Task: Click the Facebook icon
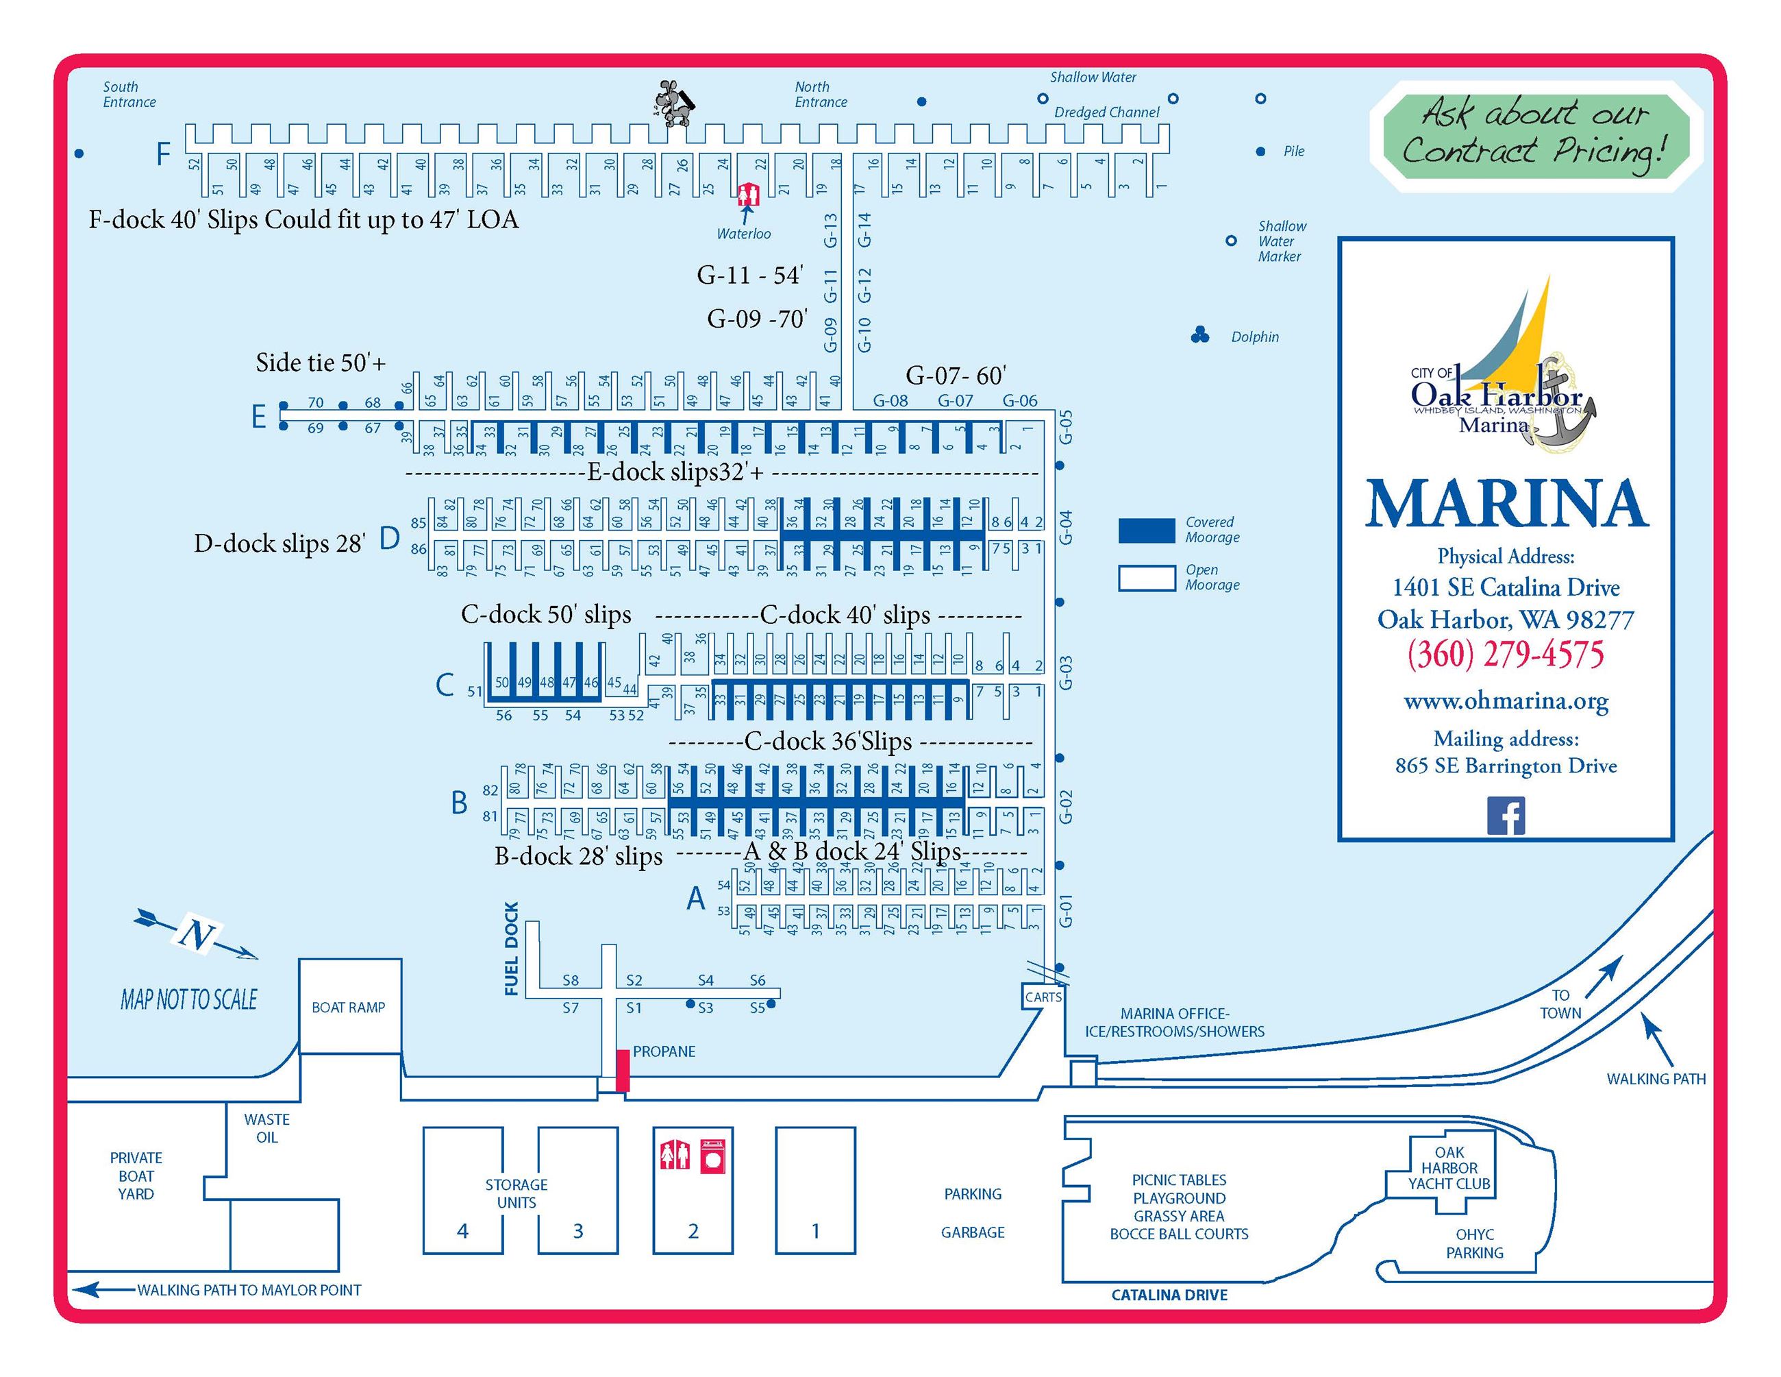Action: (1506, 816)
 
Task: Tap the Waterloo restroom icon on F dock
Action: (748, 195)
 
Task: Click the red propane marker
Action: (622, 1069)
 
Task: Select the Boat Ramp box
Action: (349, 1007)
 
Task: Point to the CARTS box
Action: (1043, 997)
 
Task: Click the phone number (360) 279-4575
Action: (1506, 655)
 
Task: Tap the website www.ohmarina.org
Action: (1506, 700)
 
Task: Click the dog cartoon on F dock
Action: (673, 103)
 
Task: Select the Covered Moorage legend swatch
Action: (1146, 529)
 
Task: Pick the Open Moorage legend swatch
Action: (1146, 578)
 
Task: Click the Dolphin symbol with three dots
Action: (1199, 335)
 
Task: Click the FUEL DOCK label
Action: (511, 948)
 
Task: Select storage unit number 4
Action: (462, 1230)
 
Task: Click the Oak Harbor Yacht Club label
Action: (1448, 1167)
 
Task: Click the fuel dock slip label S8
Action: (570, 979)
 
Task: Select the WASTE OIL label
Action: (266, 1128)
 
